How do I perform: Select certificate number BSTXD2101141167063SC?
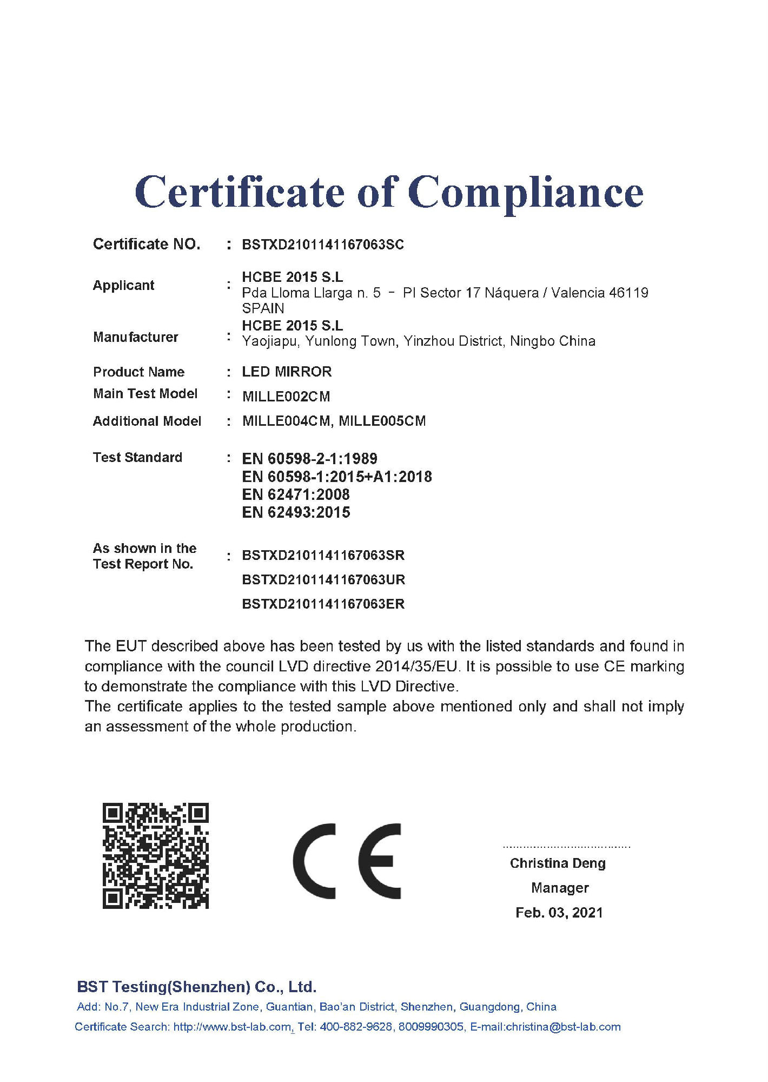point(323,245)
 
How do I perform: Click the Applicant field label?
point(123,285)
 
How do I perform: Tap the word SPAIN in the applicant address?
point(263,308)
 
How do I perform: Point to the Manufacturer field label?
point(135,337)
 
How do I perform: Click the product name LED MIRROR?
point(287,372)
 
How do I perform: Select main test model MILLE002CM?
point(286,397)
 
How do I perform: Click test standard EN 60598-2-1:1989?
point(309,459)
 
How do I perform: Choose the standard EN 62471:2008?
point(296,494)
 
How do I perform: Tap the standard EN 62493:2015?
point(296,512)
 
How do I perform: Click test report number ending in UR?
point(323,580)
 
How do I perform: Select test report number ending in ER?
point(323,604)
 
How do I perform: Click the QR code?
point(156,856)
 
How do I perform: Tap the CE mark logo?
point(347,861)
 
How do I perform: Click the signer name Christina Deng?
point(558,863)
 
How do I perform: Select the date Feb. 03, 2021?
point(559,913)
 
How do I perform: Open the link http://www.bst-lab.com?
point(232,1027)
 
